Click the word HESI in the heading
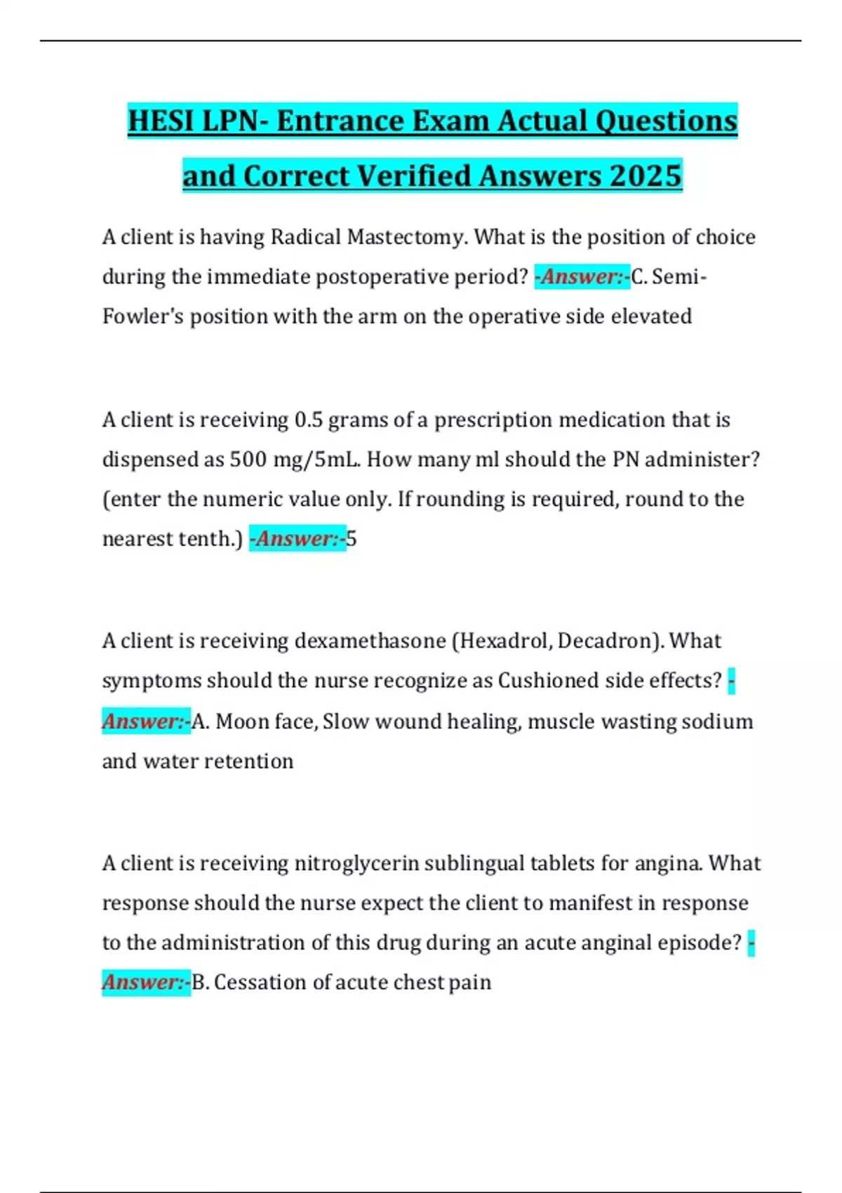161,121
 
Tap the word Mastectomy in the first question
406,237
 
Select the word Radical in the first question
306,237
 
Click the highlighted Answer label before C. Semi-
582,276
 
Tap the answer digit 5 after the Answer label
352,539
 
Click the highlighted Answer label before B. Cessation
146,982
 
